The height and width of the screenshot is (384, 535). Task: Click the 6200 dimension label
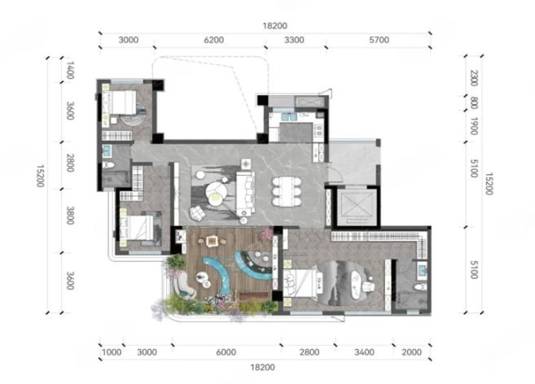(214, 40)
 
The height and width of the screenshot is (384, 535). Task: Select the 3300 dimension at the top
(294, 40)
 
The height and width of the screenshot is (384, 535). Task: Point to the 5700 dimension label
(379, 40)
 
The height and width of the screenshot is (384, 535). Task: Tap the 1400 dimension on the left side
(70, 70)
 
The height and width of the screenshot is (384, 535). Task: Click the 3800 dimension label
(70, 216)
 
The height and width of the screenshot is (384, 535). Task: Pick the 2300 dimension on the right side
(474, 78)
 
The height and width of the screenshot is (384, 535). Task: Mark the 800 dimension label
(474, 103)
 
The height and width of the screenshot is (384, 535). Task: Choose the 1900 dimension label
(474, 126)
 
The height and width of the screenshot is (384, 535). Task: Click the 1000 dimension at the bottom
(112, 352)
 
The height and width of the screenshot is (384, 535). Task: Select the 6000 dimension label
(226, 352)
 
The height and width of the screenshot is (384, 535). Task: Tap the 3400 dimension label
(364, 352)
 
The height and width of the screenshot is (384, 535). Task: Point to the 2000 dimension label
(411, 352)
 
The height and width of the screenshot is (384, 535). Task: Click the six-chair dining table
(287, 191)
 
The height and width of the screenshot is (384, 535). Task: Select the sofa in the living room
(245, 194)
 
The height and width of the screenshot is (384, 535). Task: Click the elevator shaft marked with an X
(356, 207)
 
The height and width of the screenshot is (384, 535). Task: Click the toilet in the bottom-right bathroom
(420, 287)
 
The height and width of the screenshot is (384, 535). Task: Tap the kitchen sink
(288, 117)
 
